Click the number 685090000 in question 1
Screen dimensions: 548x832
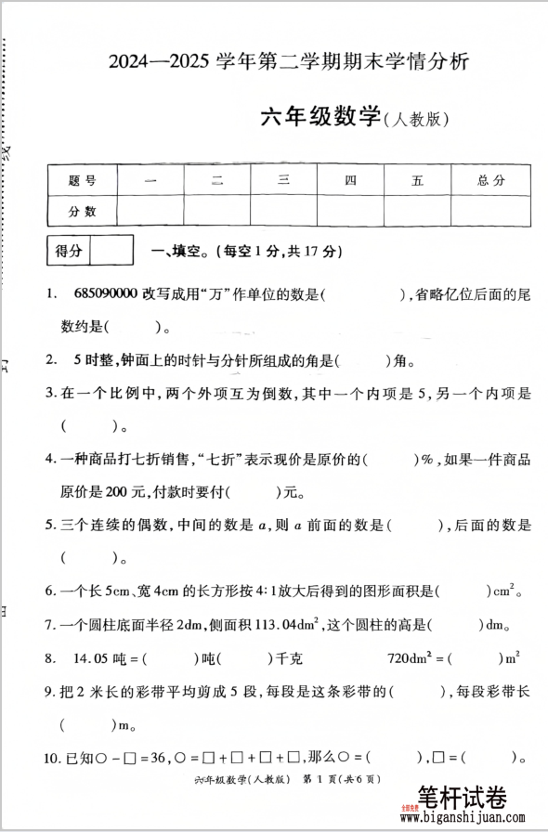105,295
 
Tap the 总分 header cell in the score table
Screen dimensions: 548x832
490,180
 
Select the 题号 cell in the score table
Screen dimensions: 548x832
82,180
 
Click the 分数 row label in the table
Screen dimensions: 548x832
82,212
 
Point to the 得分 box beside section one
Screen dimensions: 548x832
70,251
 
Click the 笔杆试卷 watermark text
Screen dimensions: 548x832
462,796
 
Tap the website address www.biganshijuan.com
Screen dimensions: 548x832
474,818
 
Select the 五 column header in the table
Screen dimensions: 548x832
417,180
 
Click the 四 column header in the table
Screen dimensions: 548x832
350,180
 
